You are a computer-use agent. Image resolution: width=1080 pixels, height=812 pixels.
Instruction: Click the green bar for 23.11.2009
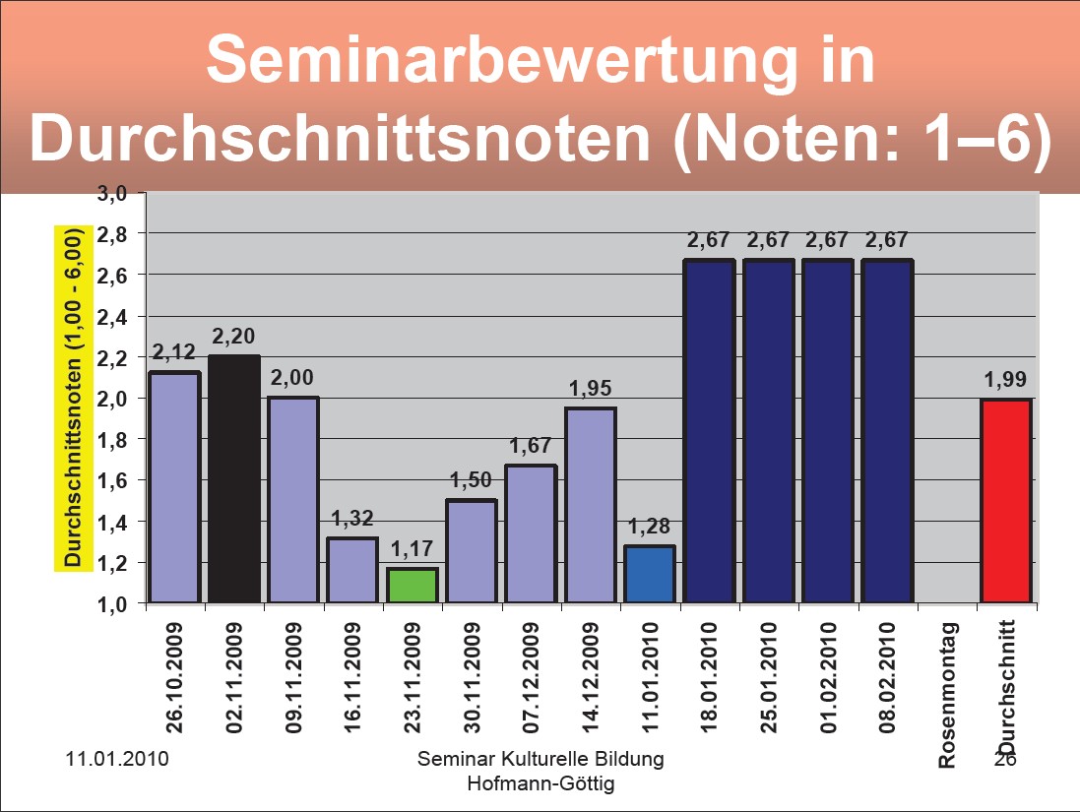pyautogui.click(x=412, y=585)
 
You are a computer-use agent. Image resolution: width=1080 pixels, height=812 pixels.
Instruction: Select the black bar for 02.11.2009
pyautogui.click(x=234, y=478)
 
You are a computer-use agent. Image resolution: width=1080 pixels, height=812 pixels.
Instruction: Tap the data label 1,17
pyautogui.click(x=412, y=549)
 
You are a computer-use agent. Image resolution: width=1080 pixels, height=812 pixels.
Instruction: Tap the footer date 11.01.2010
pyautogui.click(x=116, y=760)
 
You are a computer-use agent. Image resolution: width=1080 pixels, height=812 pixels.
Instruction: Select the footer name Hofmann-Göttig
pyautogui.click(x=540, y=782)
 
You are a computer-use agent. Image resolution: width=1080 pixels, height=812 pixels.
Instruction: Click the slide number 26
pyautogui.click(x=1004, y=760)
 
